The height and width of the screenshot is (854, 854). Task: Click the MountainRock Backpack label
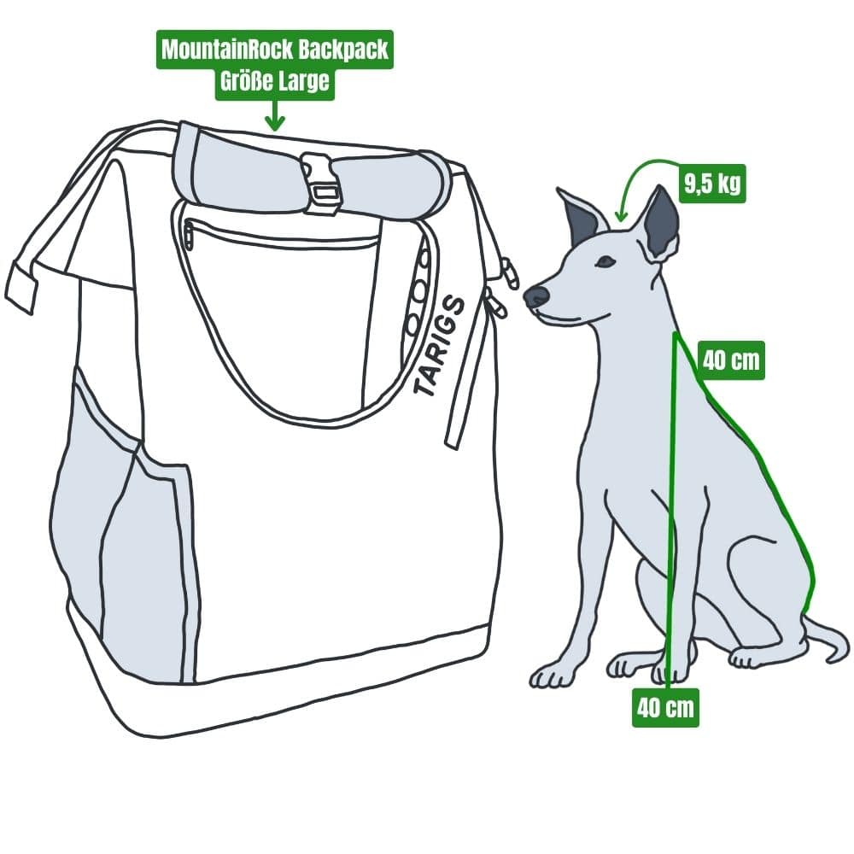point(273,50)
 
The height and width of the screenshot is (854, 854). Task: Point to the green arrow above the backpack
point(273,116)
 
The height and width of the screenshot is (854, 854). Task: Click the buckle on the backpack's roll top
point(321,183)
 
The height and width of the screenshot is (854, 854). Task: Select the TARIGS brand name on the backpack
point(440,346)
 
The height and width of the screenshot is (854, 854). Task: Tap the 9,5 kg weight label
point(712,184)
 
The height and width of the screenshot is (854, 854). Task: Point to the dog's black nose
point(536,296)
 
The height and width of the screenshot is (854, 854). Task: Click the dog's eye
point(605,261)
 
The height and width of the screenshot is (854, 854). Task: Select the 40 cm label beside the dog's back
point(730,360)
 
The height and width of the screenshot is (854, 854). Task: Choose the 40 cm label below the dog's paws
point(665,708)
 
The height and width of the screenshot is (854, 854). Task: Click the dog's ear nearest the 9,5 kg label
point(662,224)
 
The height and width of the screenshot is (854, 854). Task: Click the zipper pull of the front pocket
point(189,234)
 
